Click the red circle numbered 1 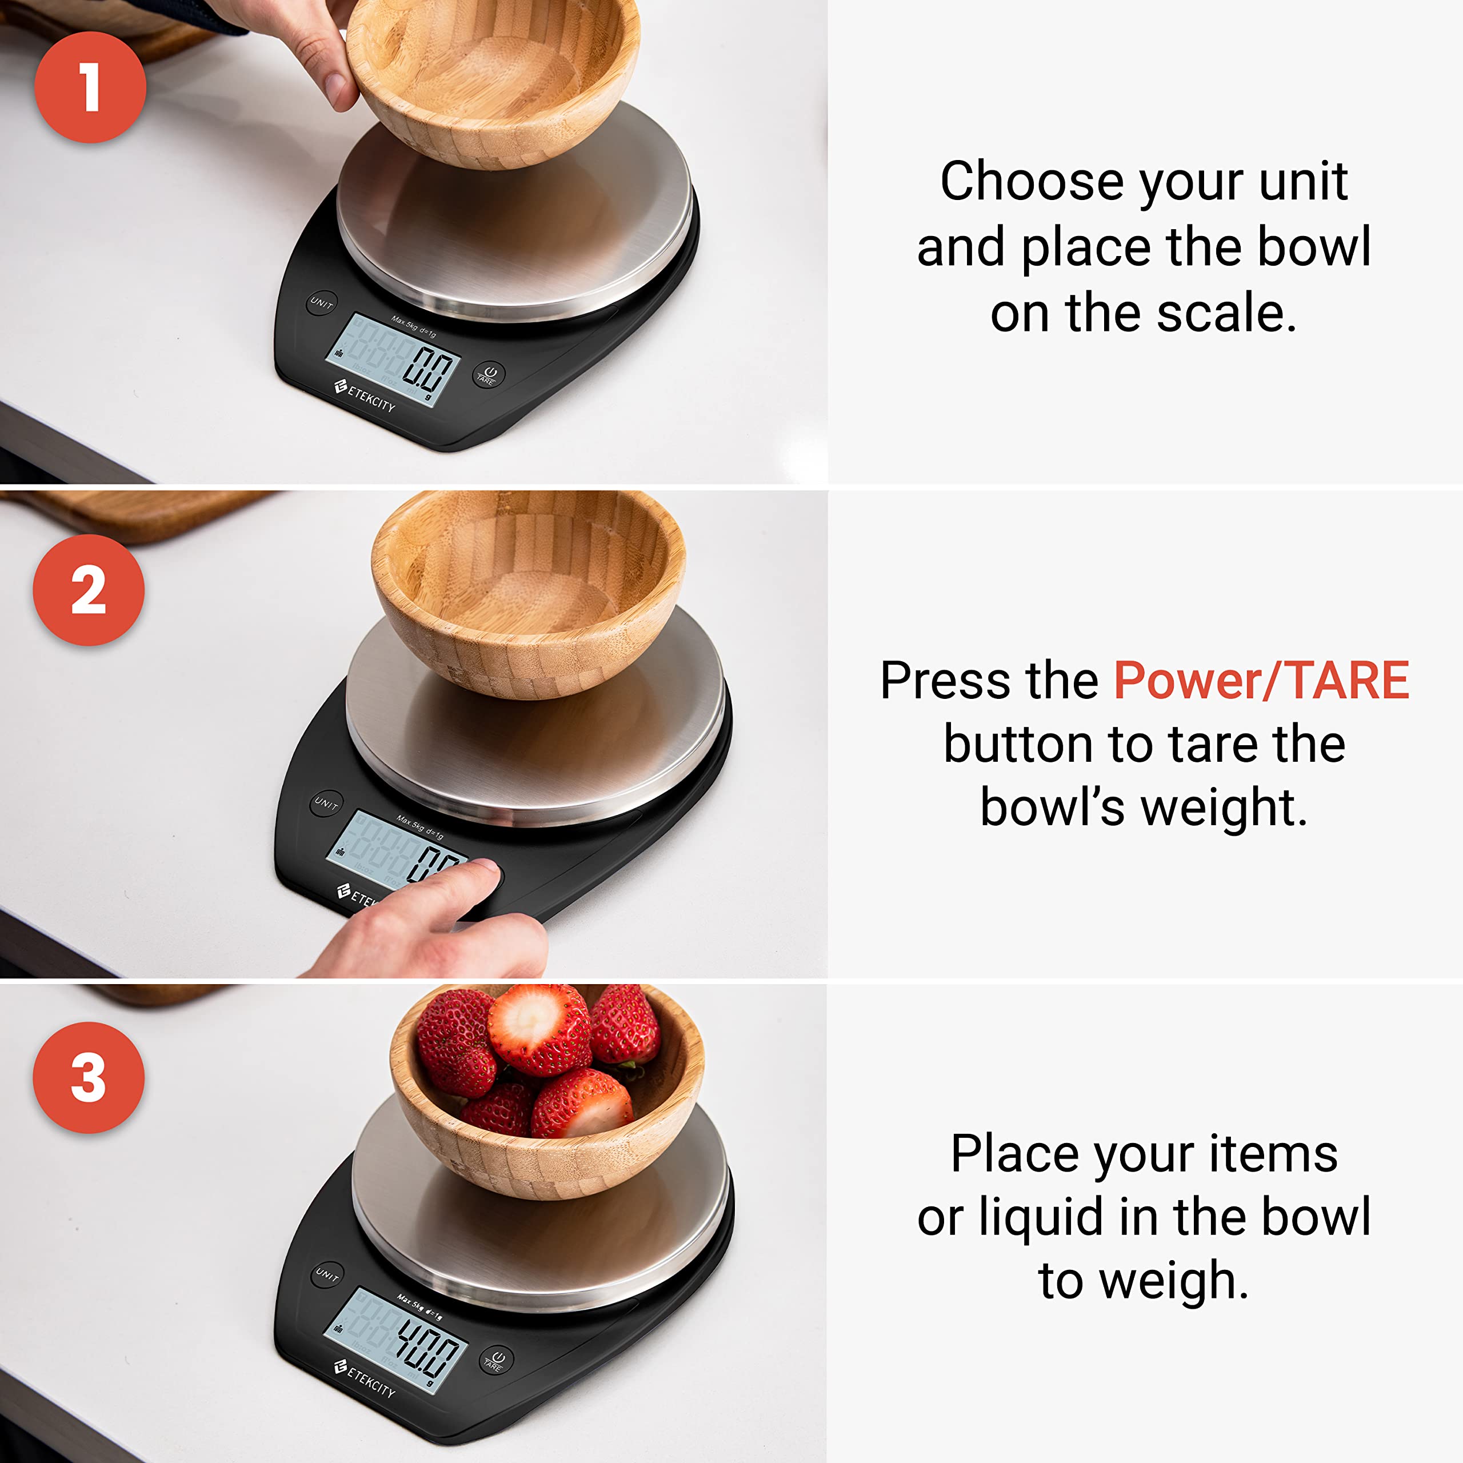tap(90, 87)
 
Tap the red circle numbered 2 tap(89, 590)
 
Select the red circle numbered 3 tap(89, 1078)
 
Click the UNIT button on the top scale tap(322, 303)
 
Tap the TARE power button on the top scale tap(489, 374)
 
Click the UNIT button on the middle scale tap(327, 803)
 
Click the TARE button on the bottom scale tap(497, 1361)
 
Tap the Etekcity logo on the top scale tap(366, 396)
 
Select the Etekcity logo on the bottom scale tap(365, 1379)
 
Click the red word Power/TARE tap(1261, 680)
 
